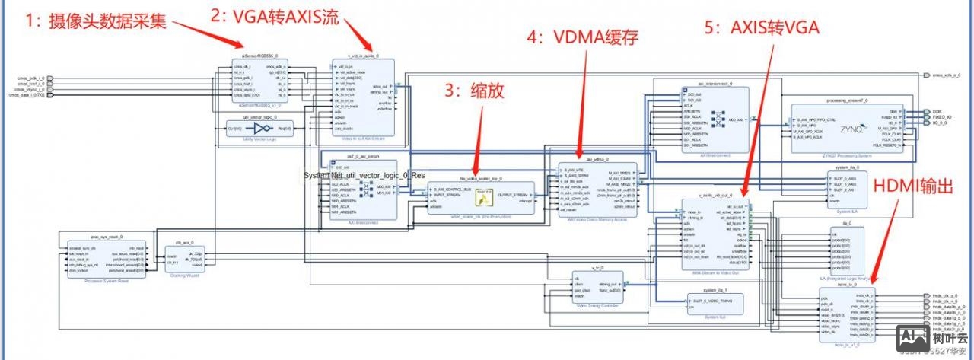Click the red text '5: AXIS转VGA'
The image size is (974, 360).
click(x=762, y=28)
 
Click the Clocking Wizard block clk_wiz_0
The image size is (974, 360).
click(x=186, y=257)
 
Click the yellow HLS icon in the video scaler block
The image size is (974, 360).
click(x=482, y=199)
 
